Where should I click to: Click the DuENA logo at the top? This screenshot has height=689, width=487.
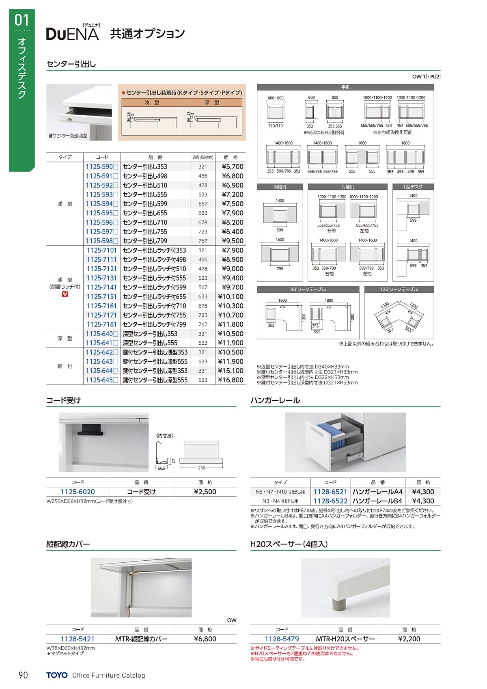73,34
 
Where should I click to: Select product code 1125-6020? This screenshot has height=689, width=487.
78,492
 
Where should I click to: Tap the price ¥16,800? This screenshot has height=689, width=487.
231,380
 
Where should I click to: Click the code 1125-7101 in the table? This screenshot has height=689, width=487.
101,250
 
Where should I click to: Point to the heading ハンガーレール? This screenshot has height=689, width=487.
275,400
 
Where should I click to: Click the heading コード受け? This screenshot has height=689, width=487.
64,400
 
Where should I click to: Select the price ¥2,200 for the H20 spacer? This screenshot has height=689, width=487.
409,639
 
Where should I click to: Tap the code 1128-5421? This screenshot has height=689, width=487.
78,639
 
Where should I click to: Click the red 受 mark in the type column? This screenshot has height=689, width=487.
65,294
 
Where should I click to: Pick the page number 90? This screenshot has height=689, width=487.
23,675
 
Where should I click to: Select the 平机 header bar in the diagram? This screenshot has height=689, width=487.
345,87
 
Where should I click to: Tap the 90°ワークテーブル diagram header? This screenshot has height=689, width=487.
308,289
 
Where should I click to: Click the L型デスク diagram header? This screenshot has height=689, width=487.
413,187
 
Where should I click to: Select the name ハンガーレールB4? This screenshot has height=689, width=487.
377,501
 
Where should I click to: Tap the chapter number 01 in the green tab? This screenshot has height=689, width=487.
22,20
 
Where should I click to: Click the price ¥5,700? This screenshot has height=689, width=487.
233,166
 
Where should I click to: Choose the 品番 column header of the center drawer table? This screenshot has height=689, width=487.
155,157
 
